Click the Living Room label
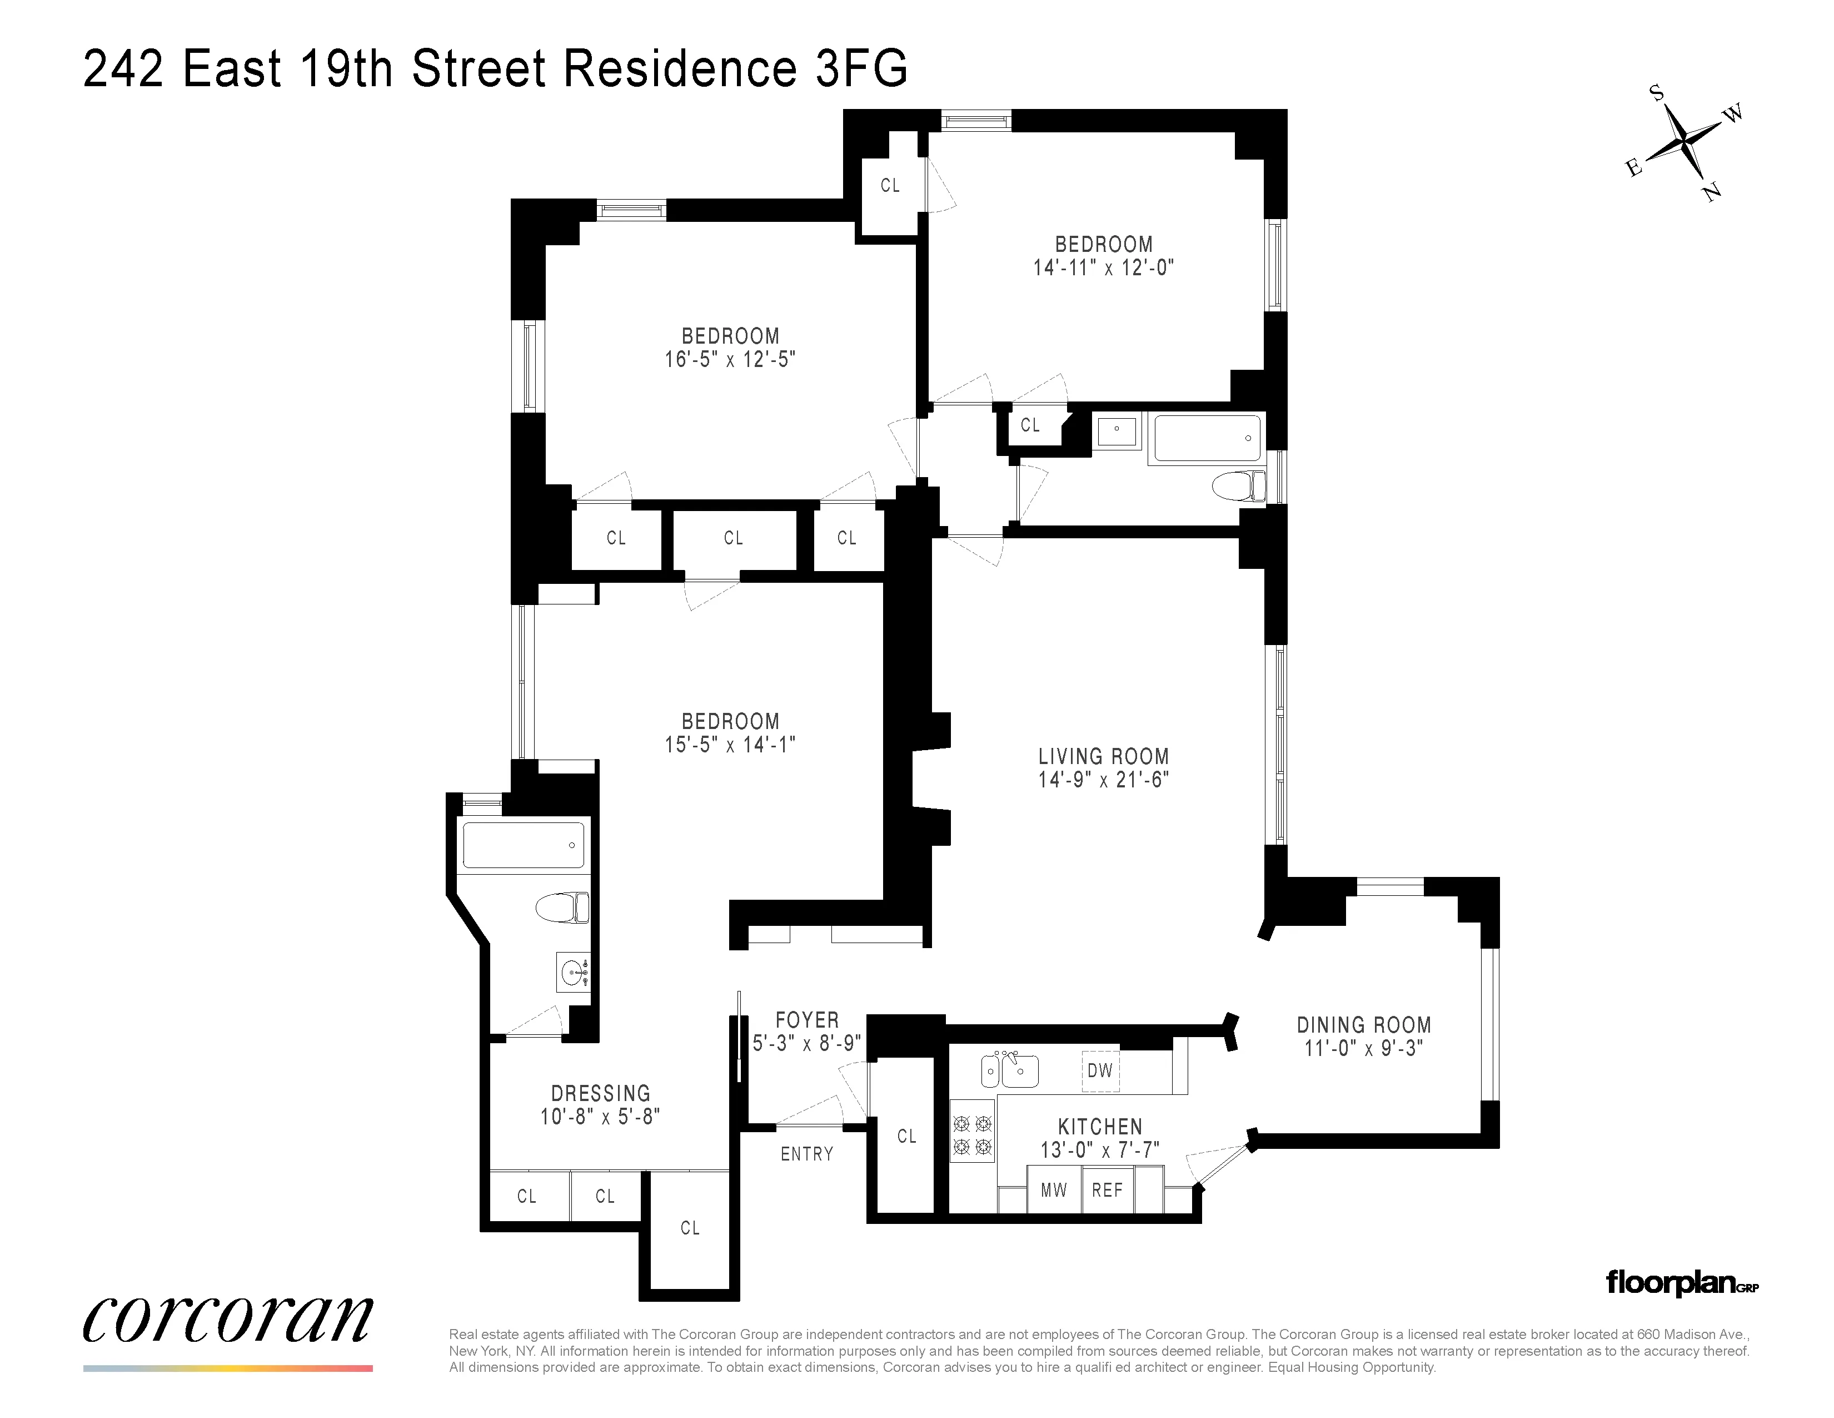[x=1103, y=756]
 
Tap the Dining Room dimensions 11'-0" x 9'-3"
[x=1363, y=1048]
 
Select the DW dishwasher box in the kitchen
[x=1099, y=1070]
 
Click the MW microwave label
[x=1053, y=1189]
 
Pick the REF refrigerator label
[x=1107, y=1189]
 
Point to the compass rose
[x=1684, y=141]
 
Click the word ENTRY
[x=806, y=1154]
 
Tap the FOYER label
[x=806, y=1020]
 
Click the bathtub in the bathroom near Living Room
[x=1207, y=437]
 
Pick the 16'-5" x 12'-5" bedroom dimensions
[x=729, y=360]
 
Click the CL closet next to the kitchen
[x=906, y=1136]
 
